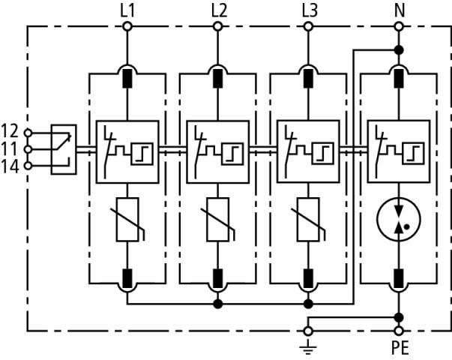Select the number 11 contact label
(x=10, y=148)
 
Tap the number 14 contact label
(x=10, y=166)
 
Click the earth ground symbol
(x=307, y=344)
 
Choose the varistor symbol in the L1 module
(x=127, y=218)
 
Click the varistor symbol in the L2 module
(x=218, y=218)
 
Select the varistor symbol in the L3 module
(x=308, y=218)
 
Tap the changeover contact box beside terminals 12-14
(x=63, y=149)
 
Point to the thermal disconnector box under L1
(x=127, y=150)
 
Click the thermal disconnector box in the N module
(x=398, y=150)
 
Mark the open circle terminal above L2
(x=218, y=27)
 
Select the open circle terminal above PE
(x=398, y=330)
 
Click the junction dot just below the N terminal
(x=398, y=50)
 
